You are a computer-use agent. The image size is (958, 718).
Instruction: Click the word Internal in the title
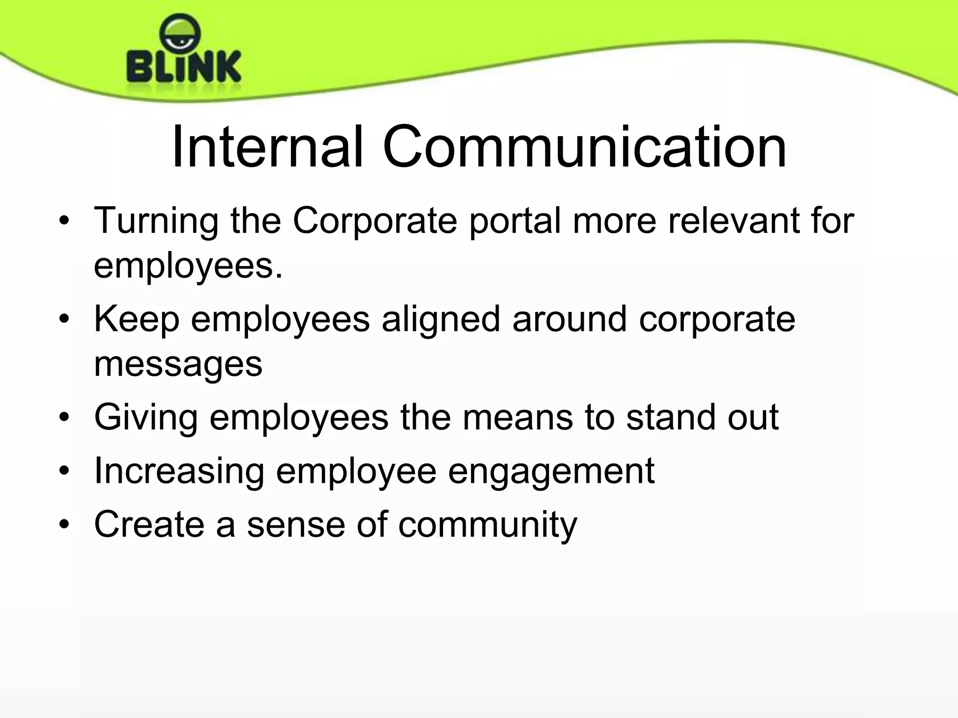pos(268,147)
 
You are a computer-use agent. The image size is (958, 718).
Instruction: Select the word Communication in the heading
pos(584,147)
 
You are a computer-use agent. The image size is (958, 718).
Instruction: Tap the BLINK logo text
pos(184,67)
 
